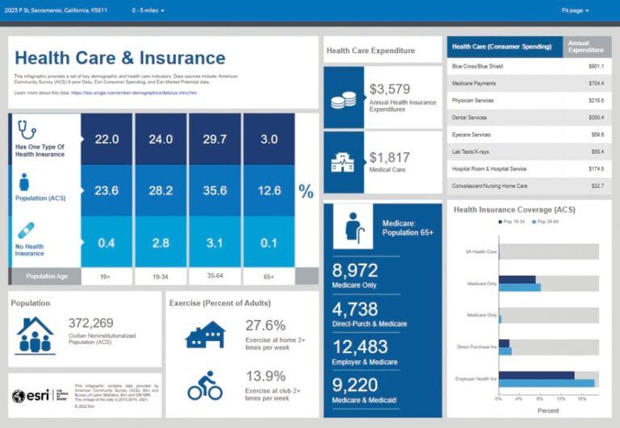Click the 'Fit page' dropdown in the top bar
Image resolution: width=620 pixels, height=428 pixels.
point(575,10)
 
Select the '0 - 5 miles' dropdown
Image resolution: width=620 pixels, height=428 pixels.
point(148,10)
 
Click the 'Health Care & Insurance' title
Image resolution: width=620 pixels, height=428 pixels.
point(119,58)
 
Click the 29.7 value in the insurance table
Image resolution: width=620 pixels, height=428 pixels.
point(214,139)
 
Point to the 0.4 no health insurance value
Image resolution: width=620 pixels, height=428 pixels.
point(107,243)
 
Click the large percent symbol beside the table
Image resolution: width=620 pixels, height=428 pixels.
point(306,191)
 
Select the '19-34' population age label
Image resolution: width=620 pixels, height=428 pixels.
point(161,276)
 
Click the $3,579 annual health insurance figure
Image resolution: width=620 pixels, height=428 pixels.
point(389,89)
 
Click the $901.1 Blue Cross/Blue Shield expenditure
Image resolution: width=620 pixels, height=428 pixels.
point(596,66)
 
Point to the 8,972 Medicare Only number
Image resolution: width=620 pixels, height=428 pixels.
point(355,271)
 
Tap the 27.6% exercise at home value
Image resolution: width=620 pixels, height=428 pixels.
point(265,325)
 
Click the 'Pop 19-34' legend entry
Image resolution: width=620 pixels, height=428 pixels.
point(514,220)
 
